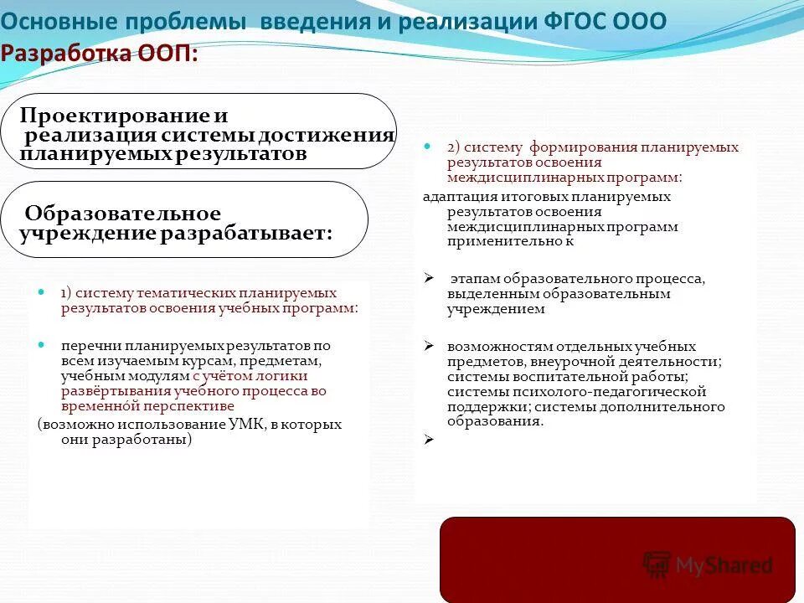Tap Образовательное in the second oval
pos(123,214)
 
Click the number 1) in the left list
pos(67,293)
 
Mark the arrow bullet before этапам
pos(428,278)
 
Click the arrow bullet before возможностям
pos(428,346)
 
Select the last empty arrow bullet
pos(428,438)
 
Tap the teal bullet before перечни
pos(42,344)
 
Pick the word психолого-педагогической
pos(618,392)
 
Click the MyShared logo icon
pos(657,564)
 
